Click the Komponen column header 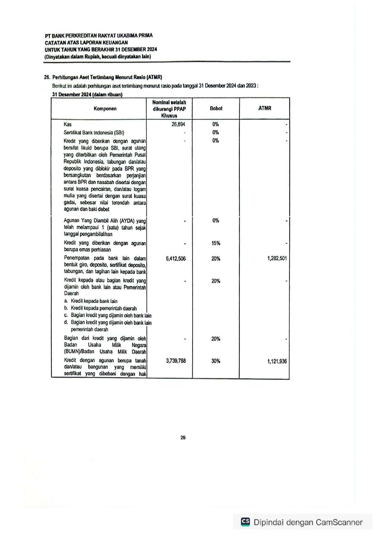pyautogui.click(x=105, y=108)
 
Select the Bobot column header pyautogui.click(x=216, y=108)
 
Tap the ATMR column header pyautogui.click(x=264, y=108)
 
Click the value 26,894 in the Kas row pyautogui.click(x=178, y=124)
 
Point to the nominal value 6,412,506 pyautogui.click(x=176, y=259)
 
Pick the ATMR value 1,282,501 pyautogui.click(x=277, y=258)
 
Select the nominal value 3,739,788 pyautogui.click(x=176, y=361)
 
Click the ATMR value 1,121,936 pyautogui.click(x=277, y=361)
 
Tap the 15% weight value pyautogui.click(x=215, y=243)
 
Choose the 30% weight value pyautogui.click(x=215, y=361)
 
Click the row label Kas pyautogui.click(x=68, y=124)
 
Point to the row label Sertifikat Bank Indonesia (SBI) pyautogui.click(x=94, y=133)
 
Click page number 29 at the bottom pyautogui.click(x=183, y=437)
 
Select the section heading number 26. pyautogui.click(x=47, y=77)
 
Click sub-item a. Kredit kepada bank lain pyautogui.click(x=91, y=301)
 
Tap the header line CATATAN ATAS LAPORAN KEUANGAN pyautogui.click(x=86, y=42)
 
